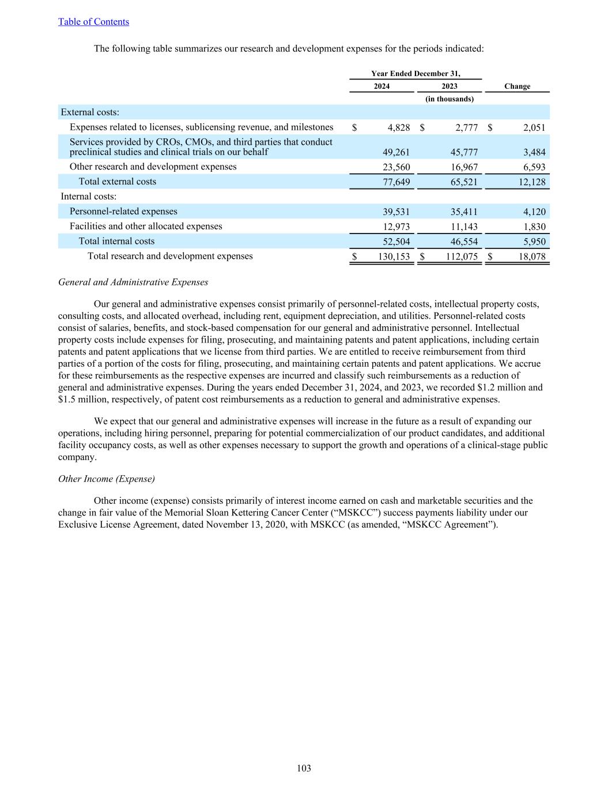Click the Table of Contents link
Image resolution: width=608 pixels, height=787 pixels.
coord(93,22)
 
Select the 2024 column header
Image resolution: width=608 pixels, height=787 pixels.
coord(382,86)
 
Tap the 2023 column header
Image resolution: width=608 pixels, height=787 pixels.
coord(450,86)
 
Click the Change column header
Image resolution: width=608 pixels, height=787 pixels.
coord(517,86)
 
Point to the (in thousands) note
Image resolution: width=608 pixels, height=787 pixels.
coord(450,99)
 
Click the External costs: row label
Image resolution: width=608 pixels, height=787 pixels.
coord(90,112)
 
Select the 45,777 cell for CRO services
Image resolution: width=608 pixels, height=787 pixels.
coord(464,152)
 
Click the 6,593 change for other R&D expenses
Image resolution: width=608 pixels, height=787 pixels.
coord(534,167)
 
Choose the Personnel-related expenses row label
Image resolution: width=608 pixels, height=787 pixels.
coord(123,212)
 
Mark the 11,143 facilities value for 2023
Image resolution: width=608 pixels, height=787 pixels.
coord(464,227)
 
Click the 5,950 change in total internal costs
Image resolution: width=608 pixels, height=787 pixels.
coord(534,242)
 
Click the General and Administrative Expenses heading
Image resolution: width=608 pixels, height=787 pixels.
coord(133,283)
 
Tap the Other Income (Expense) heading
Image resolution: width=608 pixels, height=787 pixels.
coord(107,479)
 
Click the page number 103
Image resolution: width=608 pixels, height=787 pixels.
coord(304,768)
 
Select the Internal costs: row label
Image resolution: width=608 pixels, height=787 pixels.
coord(89,197)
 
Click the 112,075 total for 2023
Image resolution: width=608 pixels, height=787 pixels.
coord(462,257)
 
